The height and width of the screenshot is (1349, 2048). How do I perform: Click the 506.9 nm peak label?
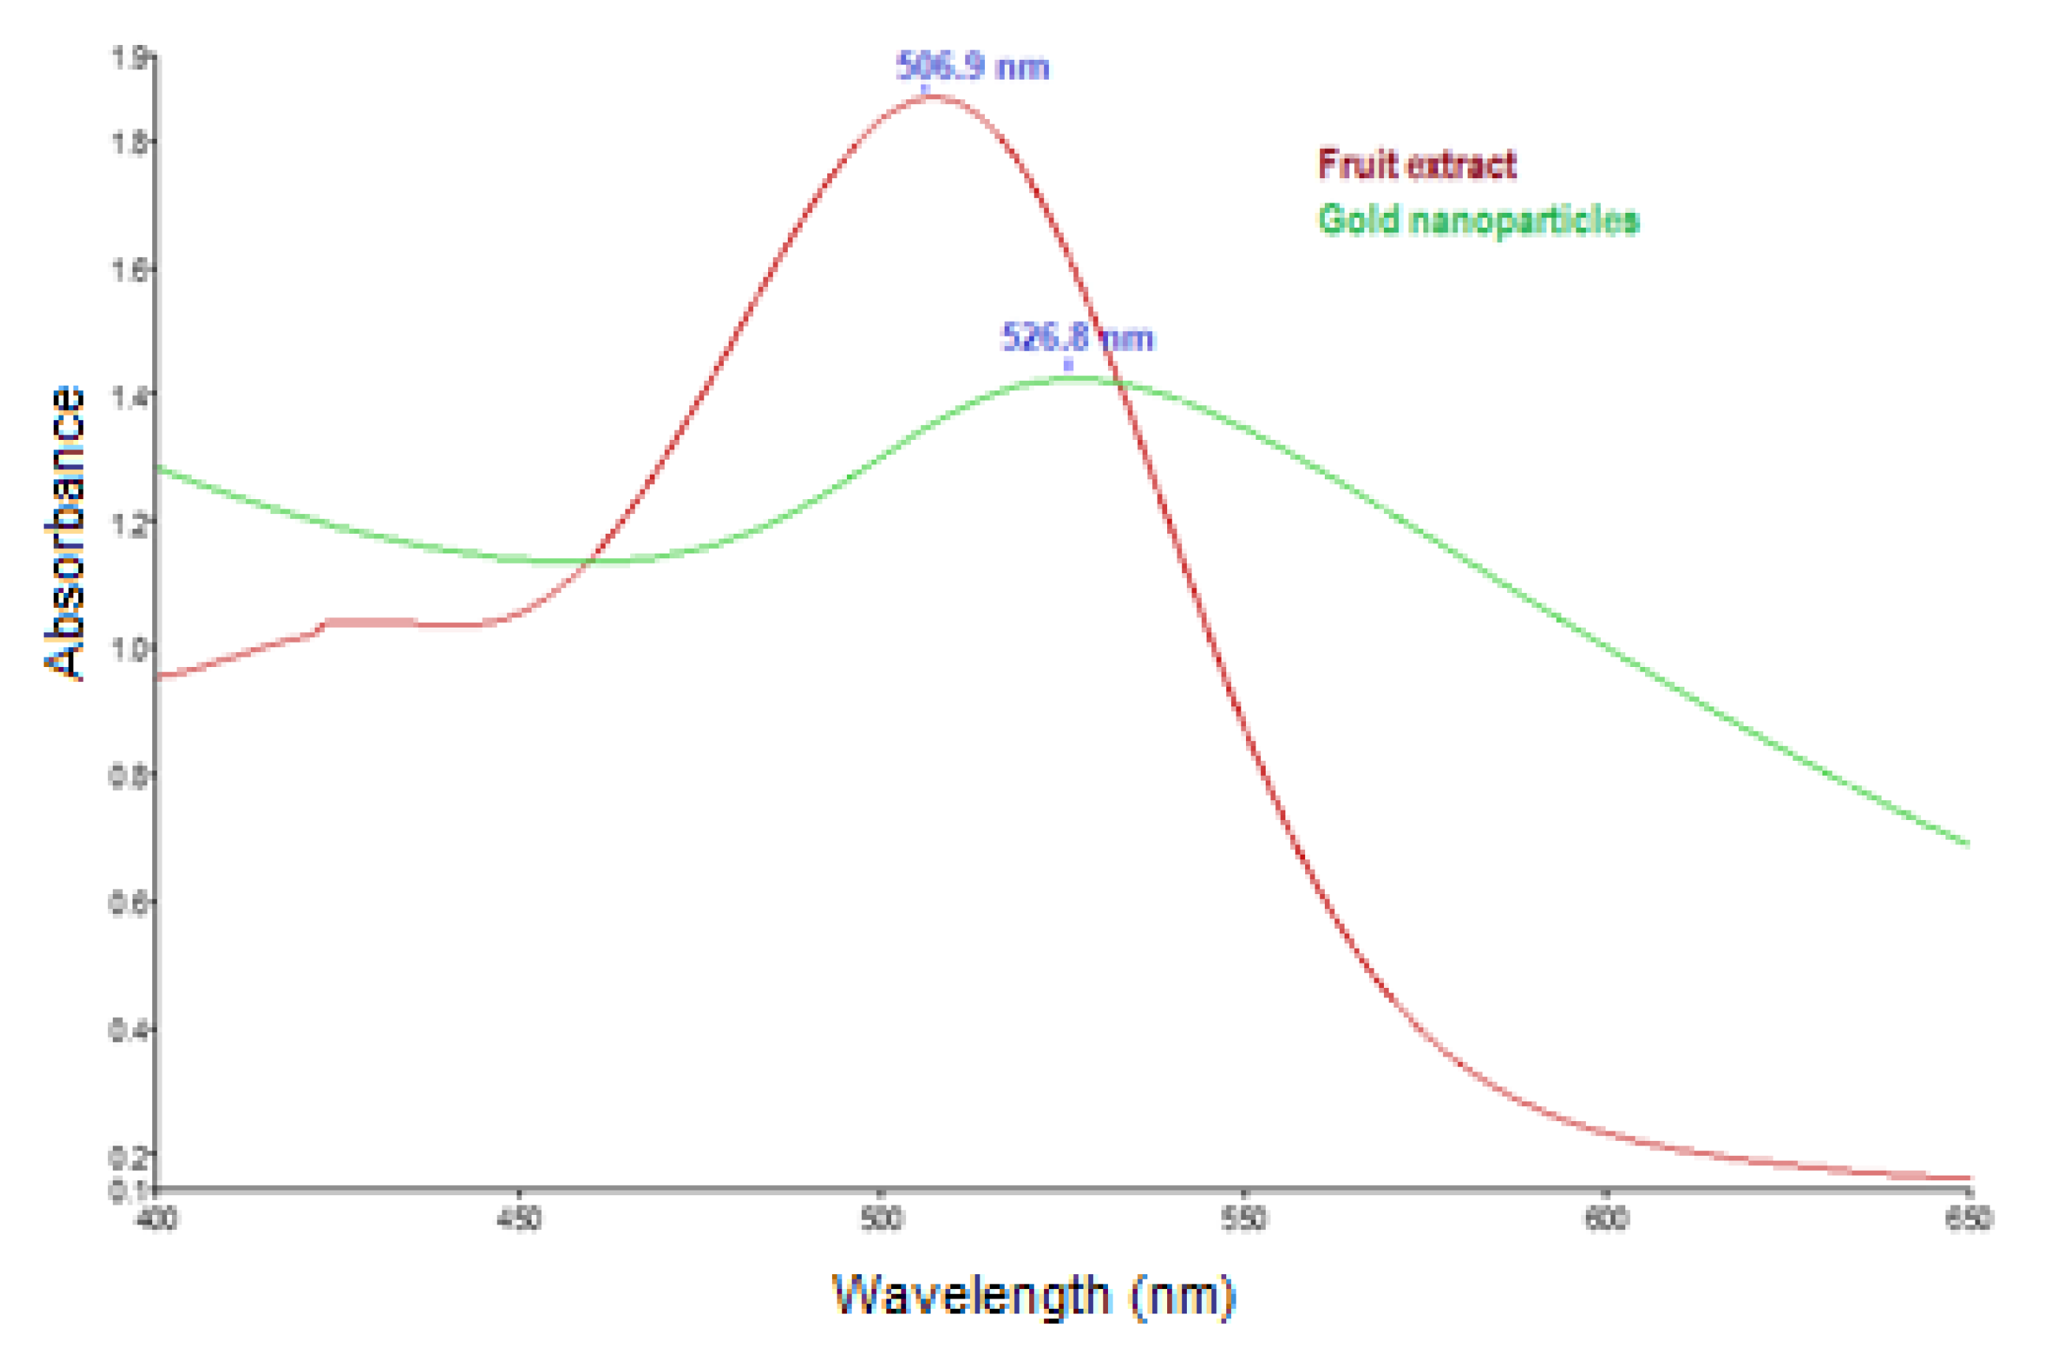[x=972, y=67]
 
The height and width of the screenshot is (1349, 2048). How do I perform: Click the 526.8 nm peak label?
[x=1077, y=337]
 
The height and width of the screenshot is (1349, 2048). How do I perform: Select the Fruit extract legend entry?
[x=1416, y=164]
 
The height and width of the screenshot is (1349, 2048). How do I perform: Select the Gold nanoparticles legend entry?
[x=1479, y=220]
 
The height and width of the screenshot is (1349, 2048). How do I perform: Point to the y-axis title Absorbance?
[x=65, y=534]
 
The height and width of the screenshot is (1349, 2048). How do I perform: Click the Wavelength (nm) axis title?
[x=1032, y=1294]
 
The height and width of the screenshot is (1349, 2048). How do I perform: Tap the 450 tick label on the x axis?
[x=519, y=1219]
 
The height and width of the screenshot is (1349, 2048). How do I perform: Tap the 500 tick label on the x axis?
[x=881, y=1219]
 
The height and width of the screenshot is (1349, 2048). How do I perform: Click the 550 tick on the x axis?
[x=1244, y=1219]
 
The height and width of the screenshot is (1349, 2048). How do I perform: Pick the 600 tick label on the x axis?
[x=1606, y=1219]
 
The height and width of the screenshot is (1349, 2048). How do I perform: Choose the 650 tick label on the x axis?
[x=1969, y=1219]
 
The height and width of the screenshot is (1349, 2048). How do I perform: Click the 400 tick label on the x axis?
[x=157, y=1219]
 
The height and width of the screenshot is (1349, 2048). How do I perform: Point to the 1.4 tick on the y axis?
[x=129, y=397]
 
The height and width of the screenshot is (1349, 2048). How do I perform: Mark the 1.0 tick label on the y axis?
[x=129, y=650]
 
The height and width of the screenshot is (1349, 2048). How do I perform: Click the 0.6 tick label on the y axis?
[x=129, y=904]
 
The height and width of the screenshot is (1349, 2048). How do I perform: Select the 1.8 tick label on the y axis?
[x=129, y=142]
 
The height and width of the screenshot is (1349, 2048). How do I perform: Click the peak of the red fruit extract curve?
[x=929, y=96]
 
